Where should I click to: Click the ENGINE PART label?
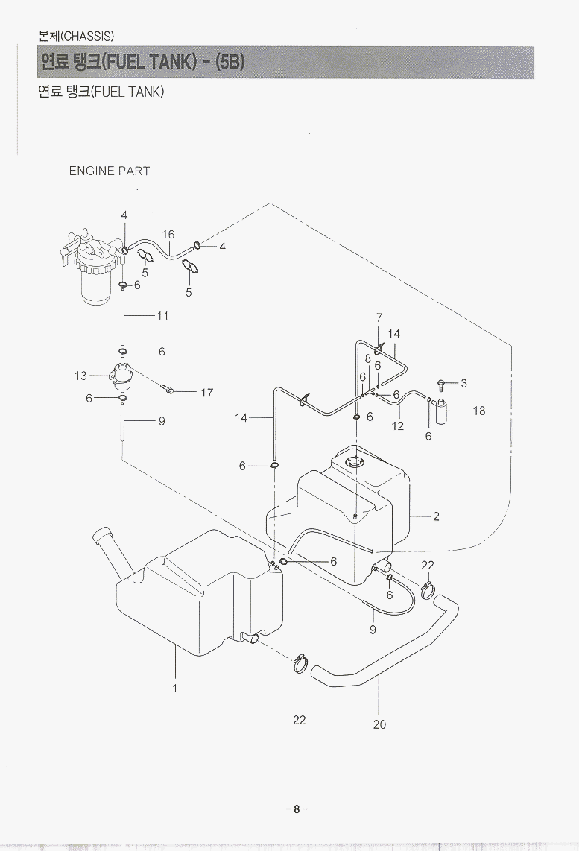pyautogui.click(x=110, y=171)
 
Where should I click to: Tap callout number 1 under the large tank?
pyautogui.click(x=175, y=688)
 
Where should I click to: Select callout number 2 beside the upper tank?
pyautogui.click(x=437, y=516)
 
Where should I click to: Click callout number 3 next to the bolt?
pyautogui.click(x=464, y=384)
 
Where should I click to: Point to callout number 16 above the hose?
pyautogui.click(x=168, y=234)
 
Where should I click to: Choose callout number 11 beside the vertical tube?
pyautogui.click(x=162, y=316)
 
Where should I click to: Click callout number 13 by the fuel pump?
pyautogui.click(x=80, y=376)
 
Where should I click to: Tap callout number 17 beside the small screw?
pyautogui.click(x=207, y=393)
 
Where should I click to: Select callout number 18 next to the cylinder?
pyautogui.click(x=478, y=411)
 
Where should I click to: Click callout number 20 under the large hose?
pyautogui.click(x=379, y=724)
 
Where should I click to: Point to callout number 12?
pyautogui.click(x=398, y=426)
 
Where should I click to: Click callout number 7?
pyautogui.click(x=379, y=318)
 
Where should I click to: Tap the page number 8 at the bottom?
pyautogui.click(x=296, y=809)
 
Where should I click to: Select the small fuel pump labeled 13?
pyautogui.click(x=121, y=376)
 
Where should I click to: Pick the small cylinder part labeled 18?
pyautogui.click(x=443, y=411)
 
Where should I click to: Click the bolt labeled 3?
pyautogui.click(x=442, y=385)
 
